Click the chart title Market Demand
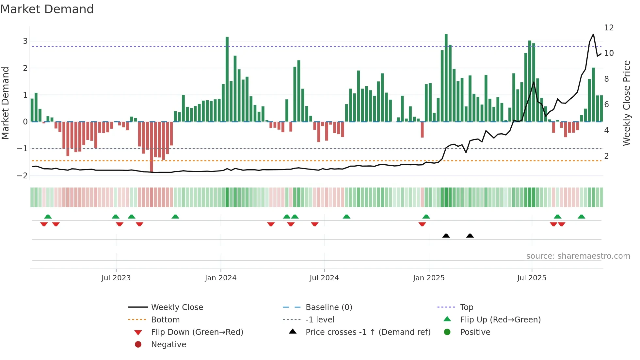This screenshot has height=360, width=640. [x=47, y=9]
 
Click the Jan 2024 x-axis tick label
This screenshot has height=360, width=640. [x=220, y=278]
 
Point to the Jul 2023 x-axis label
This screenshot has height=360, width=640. [x=116, y=278]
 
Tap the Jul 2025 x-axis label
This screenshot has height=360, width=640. [x=532, y=278]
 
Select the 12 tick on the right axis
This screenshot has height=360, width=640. [x=609, y=28]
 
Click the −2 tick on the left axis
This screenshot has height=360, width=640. [x=23, y=175]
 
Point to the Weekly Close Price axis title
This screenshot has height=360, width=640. [x=626, y=103]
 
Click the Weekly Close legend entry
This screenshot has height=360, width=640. [x=177, y=307]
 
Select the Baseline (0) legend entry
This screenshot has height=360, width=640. [x=328, y=307]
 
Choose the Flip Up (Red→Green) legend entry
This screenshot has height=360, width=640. [x=500, y=320]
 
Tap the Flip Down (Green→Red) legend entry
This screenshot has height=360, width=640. [x=197, y=332]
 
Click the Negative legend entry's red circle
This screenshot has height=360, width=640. [x=138, y=345]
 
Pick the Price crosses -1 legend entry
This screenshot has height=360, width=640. [x=368, y=332]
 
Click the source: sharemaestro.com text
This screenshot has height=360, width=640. [x=578, y=256]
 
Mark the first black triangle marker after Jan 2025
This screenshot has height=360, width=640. [x=446, y=236]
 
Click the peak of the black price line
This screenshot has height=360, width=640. [x=593, y=34]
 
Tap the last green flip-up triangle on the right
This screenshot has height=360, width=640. [x=581, y=217]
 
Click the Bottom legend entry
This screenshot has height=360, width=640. [x=165, y=320]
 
